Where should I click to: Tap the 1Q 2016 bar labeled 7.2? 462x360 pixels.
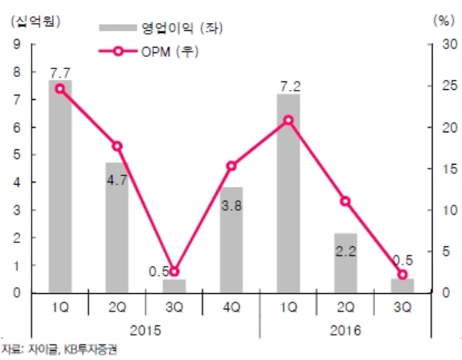[x=288, y=193]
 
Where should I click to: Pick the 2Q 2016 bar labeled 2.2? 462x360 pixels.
[x=346, y=262]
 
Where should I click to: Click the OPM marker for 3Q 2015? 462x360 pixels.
[x=174, y=272]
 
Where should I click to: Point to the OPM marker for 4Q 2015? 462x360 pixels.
[x=231, y=165]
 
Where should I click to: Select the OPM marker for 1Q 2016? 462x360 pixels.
[x=288, y=120]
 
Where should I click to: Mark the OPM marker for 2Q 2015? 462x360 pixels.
[x=117, y=146]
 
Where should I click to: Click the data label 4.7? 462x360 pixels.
[x=117, y=185]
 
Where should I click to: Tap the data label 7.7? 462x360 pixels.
[x=60, y=73]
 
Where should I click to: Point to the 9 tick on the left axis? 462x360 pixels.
[x=17, y=45]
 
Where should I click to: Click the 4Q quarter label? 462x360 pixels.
[x=231, y=305]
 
